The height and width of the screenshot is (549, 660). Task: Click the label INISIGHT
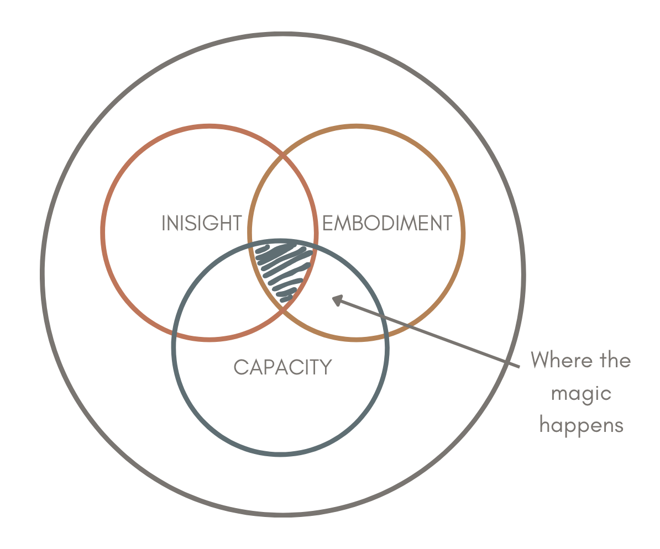coord(202,223)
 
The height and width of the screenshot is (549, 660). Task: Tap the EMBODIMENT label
coord(387,223)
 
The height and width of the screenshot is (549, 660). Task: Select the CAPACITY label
coord(282,367)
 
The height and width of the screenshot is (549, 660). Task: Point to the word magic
coord(582,394)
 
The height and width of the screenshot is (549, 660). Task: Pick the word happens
coord(582,426)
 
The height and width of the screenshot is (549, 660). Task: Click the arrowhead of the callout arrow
coord(336,300)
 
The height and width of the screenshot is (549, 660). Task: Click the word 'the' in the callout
coord(615,361)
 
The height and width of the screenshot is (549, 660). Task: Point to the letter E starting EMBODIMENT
coord(327,223)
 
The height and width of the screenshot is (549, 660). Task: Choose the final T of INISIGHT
coord(237,223)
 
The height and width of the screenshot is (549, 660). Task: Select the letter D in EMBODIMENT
coord(387,223)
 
